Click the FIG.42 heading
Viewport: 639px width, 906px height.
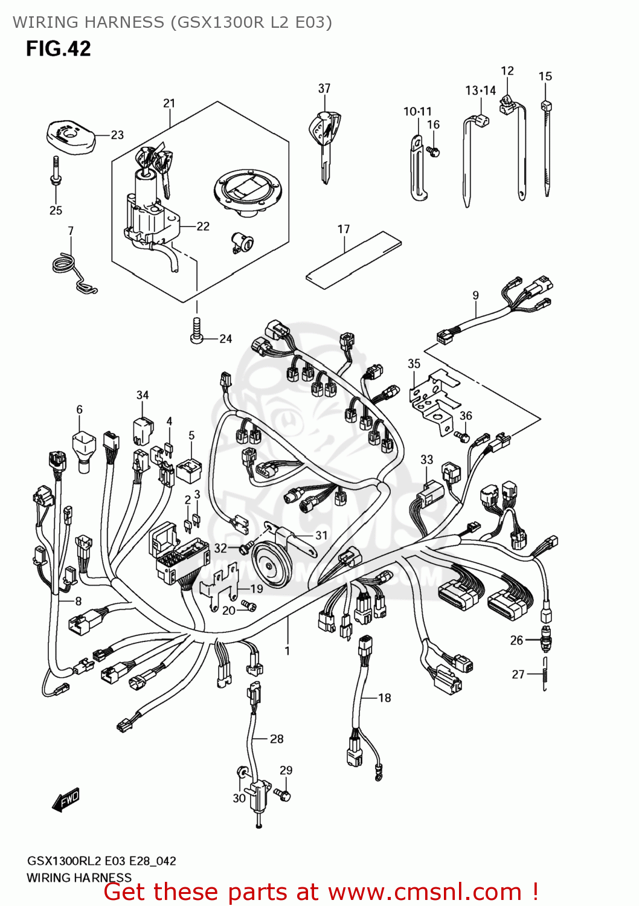coord(58,48)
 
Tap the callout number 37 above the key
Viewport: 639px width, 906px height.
coord(324,88)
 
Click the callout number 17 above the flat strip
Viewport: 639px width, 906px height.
coord(344,229)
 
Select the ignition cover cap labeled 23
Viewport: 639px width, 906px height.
coord(71,137)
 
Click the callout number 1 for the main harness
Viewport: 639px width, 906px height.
coord(287,651)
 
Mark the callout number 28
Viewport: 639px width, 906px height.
coord(277,739)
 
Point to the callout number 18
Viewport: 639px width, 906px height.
coord(385,698)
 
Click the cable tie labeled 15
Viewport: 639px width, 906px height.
coord(547,148)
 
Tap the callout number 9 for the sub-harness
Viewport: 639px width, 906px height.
coord(476,295)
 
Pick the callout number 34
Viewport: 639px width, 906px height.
coord(143,395)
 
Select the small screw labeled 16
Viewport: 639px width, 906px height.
coord(433,151)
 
